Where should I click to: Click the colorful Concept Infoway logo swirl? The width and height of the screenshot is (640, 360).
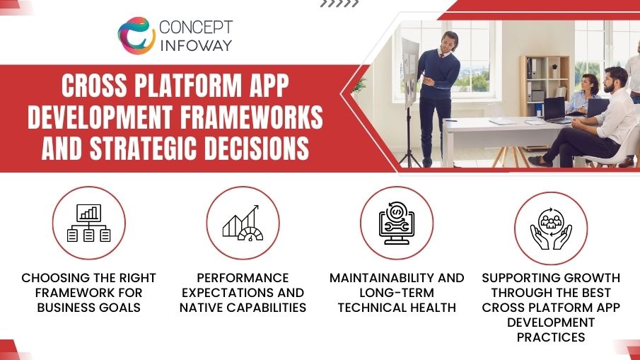coord(136,36)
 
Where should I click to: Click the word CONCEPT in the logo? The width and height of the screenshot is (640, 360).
coord(196,28)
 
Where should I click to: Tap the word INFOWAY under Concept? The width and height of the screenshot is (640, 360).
coord(195,47)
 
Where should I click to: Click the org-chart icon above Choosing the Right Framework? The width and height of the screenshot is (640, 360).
coord(89,223)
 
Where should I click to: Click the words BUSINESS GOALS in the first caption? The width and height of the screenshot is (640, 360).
coord(89,308)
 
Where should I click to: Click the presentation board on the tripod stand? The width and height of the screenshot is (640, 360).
coord(409,71)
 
